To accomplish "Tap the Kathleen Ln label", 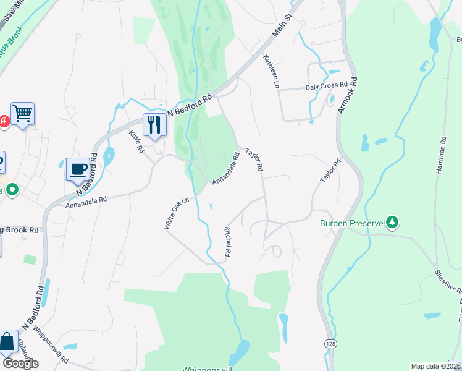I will tap(270, 71).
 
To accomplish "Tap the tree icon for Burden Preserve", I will tap(391, 221).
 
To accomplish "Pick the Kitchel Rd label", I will tap(227, 241).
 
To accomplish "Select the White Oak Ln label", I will tap(176, 213).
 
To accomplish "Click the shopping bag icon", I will tap(7, 341).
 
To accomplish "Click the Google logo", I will tap(20, 364).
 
